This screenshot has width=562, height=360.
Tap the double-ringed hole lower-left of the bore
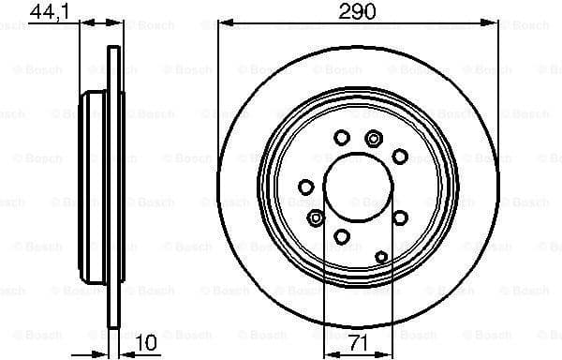317,217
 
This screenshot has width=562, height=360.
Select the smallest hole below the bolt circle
380,255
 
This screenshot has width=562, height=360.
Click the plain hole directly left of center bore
304,187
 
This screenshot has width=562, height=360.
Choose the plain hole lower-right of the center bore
400,217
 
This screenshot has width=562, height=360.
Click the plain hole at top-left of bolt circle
342,138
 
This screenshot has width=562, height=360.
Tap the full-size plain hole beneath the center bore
342,235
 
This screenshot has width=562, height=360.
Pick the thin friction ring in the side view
114,187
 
